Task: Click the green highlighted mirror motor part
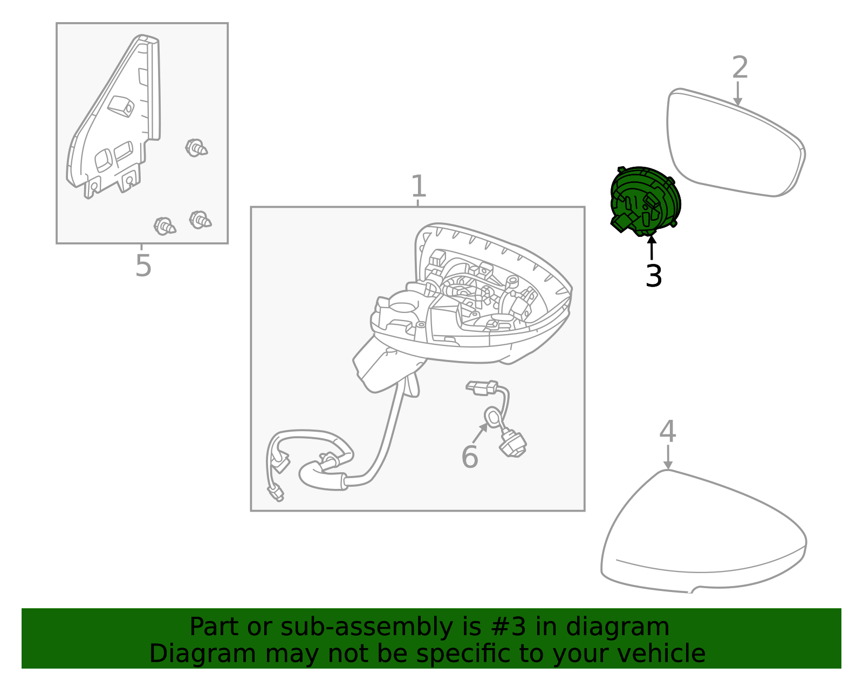[x=646, y=201]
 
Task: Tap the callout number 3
[x=653, y=276]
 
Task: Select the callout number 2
[x=740, y=69]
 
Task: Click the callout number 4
[x=668, y=432]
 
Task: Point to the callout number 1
[x=419, y=187]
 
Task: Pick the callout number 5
[x=143, y=266]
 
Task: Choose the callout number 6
[x=469, y=457]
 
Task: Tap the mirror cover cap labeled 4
[x=701, y=534]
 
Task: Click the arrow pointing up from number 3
[x=652, y=248]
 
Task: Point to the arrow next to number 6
[x=480, y=433]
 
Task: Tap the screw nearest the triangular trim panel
[x=196, y=147]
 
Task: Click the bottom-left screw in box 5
[x=165, y=226]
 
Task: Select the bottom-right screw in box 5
[x=200, y=220]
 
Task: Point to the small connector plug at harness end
[x=276, y=492]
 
